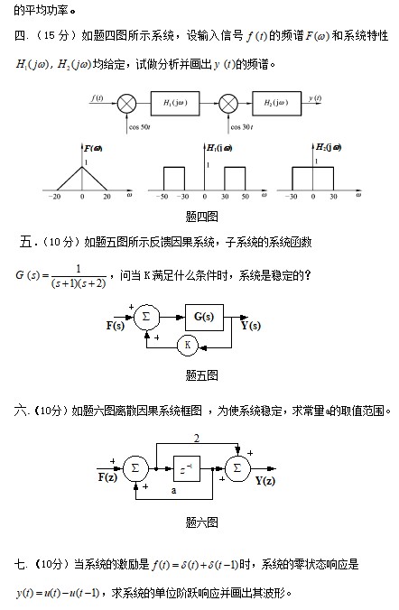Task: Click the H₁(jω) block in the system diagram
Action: pyautogui.click(x=175, y=104)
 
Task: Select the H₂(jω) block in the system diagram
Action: pyautogui.click(x=276, y=104)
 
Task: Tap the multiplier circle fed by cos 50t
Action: pyautogui.click(x=126, y=104)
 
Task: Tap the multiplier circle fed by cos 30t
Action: pyautogui.click(x=228, y=104)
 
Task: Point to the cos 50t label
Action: pyautogui.click(x=140, y=127)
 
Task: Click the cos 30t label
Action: pyautogui.click(x=242, y=127)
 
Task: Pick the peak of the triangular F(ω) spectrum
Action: pyautogui.click(x=82, y=167)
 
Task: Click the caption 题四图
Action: pyautogui.click(x=201, y=217)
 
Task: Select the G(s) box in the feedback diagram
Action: pyautogui.click(x=204, y=318)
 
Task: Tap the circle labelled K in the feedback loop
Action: pyautogui.click(x=188, y=345)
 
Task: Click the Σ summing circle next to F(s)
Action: pyautogui.click(x=146, y=317)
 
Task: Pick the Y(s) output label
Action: pyautogui.click(x=251, y=325)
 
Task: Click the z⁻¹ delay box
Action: pyautogui.click(x=187, y=469)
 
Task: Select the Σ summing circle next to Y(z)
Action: pyautogui.click(x=237, y=468)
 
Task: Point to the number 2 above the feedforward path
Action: pyautogui.click(x=197, y=439)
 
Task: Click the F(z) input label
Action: pyautogui.click(x=107, y=477)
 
